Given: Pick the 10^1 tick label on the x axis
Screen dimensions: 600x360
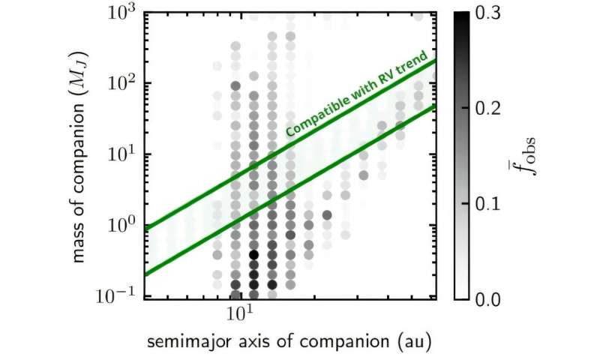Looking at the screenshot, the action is [241, 313].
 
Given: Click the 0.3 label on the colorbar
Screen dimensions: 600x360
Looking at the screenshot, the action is [487, 13].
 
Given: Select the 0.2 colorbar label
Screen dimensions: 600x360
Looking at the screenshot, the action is [487, 109].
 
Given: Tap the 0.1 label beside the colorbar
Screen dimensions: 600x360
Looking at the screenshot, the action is [487, 204].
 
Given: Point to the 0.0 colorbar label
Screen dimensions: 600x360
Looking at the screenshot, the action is [487, 299].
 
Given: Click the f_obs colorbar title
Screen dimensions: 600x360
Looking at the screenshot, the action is [525, 155].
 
